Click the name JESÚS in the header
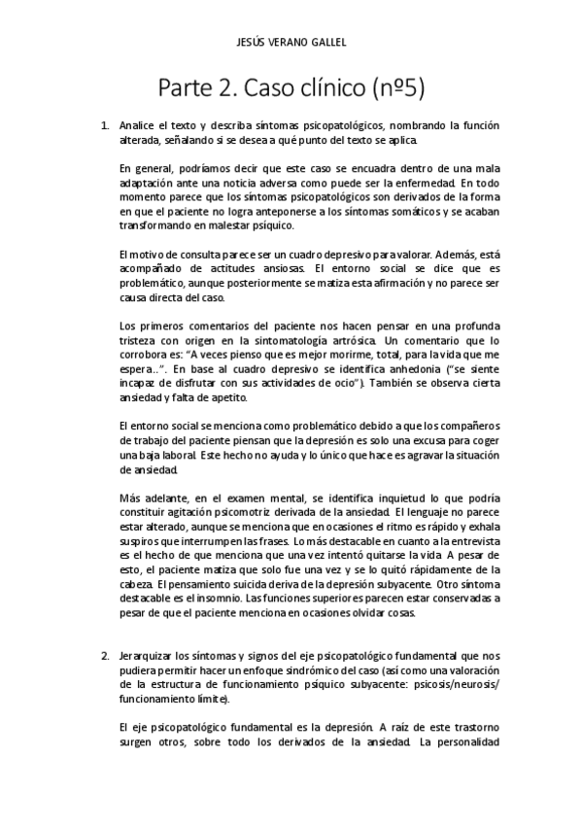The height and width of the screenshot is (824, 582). (x=251, y=43)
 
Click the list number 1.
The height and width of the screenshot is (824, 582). (x=105, y=126)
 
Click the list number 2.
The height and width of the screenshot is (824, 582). (x=105, y=657)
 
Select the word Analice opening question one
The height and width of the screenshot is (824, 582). (x=136, y=126)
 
